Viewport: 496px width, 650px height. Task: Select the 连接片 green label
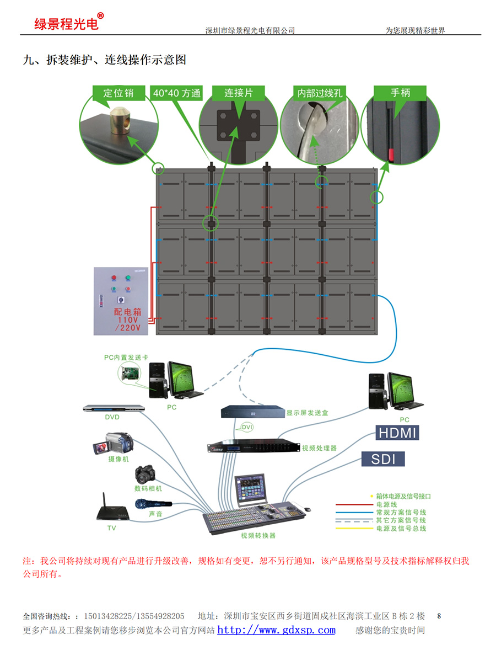click(239, 93)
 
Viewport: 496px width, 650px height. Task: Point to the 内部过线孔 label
click(320, 93)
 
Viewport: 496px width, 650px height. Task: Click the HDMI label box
click(397, 433)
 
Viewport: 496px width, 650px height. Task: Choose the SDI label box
click(384, 459)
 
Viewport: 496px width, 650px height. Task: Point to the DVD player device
click(113, 408)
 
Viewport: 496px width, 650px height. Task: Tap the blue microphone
click(153, 504)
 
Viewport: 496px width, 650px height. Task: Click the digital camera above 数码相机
click(146, 473)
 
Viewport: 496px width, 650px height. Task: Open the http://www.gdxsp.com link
click(276, 630)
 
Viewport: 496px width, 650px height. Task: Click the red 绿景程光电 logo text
click(66, 24)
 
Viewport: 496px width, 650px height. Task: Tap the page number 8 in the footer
click(439, 615)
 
